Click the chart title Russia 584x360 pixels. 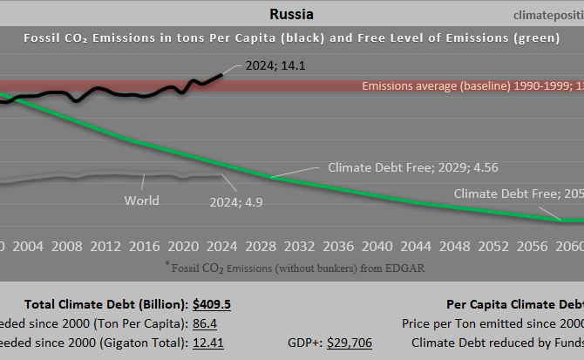click(291, 14)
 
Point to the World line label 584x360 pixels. click(141, 200)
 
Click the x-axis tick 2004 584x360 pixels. click(28, 247)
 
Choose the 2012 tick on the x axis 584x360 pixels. click(105, 247)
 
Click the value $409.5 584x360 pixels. click(212, 305)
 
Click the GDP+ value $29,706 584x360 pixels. click(349, 343)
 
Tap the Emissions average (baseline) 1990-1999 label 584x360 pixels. click(471, 86)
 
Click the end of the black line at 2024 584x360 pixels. click(221, 74)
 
